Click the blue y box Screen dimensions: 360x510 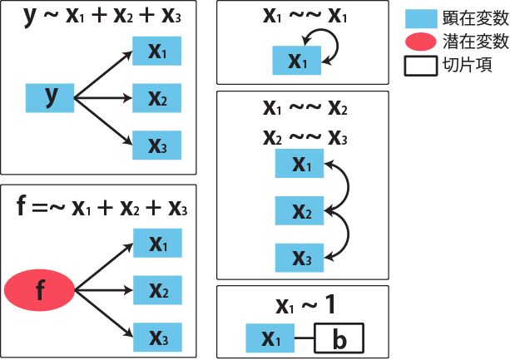(52, 98)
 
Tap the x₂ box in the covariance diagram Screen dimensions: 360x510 (300, 213)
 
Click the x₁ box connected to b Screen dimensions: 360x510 (271, 338)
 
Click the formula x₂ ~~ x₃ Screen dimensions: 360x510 (303, 136)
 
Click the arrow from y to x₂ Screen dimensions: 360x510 (104, 98)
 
